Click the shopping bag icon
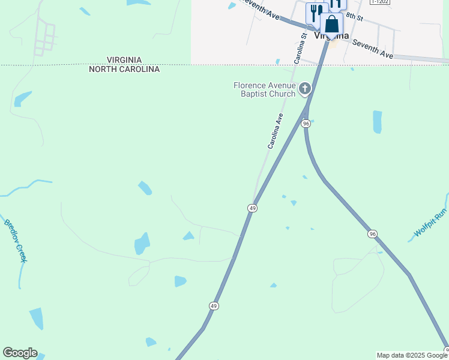(331, 25)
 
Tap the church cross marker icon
(305, 89)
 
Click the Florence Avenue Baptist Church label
(265, 89)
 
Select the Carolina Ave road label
(274, 131)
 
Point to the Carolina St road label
(300, 48)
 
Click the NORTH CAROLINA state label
(124, 69)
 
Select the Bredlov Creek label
(16, 239)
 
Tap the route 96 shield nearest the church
(306, 123)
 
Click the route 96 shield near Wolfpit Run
(373, 234)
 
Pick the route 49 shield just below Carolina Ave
(252, 208)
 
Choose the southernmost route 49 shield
(214, 306)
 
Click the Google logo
(20, 353)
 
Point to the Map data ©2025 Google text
(412, 355)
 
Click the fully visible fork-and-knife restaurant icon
(315, 12)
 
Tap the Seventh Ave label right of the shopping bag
(372, 49)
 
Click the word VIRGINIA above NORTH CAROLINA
(124, 60)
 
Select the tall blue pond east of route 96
(377, 122)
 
